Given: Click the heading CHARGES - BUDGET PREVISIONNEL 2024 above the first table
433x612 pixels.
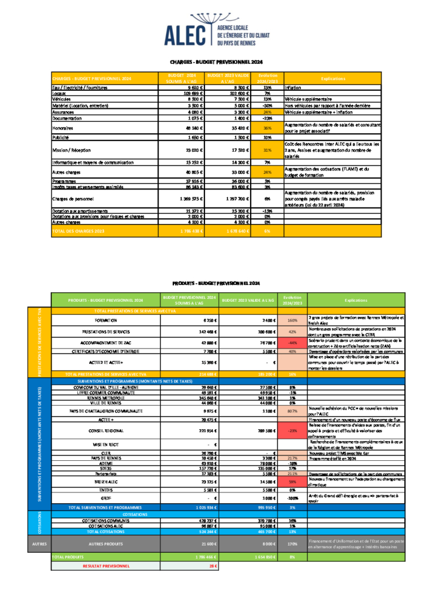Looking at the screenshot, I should click(x=216, y=62).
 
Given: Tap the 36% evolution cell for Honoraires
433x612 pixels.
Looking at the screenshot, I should click(x=267, y=128).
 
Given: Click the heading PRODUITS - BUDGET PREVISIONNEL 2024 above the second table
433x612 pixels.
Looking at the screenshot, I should click(x=216, y=283).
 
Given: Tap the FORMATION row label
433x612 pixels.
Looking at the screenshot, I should click(x=105, y=320).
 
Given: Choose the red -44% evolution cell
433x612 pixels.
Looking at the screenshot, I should click(x=292, y=342).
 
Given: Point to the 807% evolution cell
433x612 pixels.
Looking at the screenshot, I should click(x=292, y=411).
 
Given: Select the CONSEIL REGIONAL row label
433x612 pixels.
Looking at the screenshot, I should click(x=105, y=430).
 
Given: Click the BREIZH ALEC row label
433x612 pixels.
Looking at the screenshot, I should click(x=105, y=481).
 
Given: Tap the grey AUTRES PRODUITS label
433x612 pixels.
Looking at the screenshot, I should click(x=105, y=543).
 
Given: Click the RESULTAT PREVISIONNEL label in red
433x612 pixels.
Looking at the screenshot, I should click(x=106, y=565).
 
